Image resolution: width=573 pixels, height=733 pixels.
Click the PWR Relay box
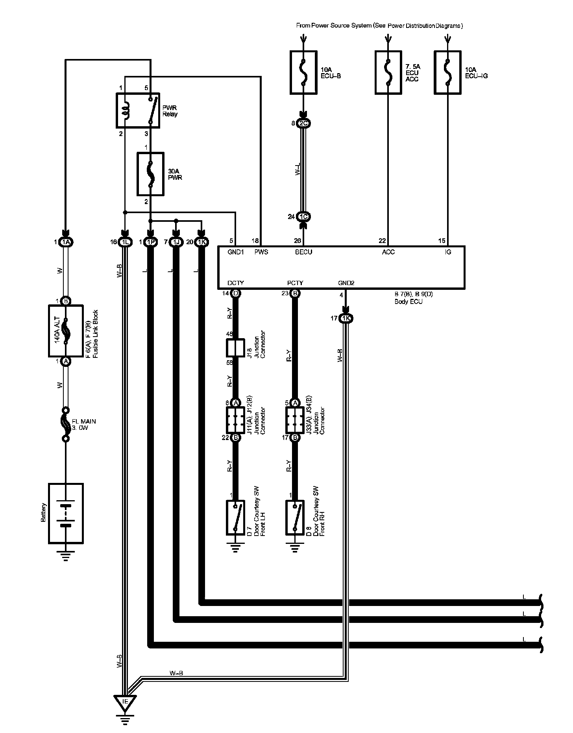tap(138, 111)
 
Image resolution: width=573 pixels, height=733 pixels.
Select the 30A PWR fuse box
tap(150, 174)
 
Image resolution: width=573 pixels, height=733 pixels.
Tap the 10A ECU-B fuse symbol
tap(303, 72)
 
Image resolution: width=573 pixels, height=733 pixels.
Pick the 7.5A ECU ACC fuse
tap(388, 72)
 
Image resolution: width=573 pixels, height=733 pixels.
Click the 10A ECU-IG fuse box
tap(447, 72)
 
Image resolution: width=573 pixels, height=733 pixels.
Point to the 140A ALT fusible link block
tap(66, 331)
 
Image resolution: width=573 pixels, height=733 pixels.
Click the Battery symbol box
tap(66, 513)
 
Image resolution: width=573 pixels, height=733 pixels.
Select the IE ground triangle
tap(126, 700)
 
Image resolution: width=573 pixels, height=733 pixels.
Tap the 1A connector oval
tap(66, 242)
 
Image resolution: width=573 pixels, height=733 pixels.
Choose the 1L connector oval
tap(125, 242)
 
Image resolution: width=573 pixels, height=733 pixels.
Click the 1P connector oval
tap(150, 242)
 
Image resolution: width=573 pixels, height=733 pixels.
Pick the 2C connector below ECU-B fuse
tap(303, 123)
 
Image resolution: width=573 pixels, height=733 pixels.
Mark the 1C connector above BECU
tap(303, 217)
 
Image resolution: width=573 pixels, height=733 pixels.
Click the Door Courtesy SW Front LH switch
tap(235, 518)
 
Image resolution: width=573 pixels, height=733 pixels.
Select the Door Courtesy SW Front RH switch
tap(295, 518)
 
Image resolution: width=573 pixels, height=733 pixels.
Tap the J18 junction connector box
tap(235, 348)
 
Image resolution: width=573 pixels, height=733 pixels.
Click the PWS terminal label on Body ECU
tap(261, 252)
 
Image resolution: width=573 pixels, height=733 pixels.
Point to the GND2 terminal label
tap(346, 283)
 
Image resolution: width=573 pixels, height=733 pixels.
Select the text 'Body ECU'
tap(408, 302)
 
